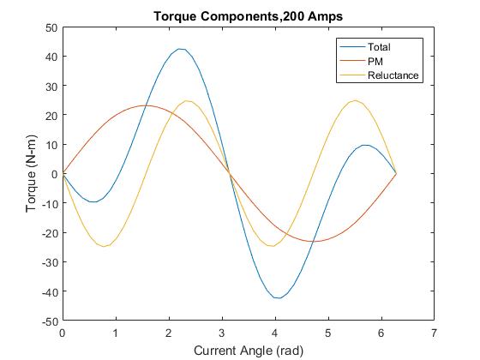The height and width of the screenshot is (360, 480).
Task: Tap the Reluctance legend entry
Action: pos(393,75)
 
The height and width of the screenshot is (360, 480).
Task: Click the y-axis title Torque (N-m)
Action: pos(31,174)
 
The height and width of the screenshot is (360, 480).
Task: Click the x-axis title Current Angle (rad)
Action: pos(249,350)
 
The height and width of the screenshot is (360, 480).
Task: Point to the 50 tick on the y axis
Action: pos(51,27)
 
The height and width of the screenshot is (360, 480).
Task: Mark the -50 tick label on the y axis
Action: pos(49,321)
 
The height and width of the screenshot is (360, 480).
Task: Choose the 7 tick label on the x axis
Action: pos(434,332)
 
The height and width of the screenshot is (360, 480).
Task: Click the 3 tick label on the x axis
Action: pos(221,332)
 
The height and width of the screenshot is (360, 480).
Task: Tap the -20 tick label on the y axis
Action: pos(49,233)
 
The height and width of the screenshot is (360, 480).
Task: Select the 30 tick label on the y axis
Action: pos(51,86)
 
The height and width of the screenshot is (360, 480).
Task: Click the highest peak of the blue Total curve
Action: pos(181,49)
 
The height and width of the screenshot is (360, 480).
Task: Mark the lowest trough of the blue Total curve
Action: pos(277,297)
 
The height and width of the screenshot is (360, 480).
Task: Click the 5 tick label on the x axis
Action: pos(327,332)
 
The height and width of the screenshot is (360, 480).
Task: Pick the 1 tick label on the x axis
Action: pos(115,332)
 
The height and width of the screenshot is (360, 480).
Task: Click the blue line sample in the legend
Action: pos(352,46)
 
